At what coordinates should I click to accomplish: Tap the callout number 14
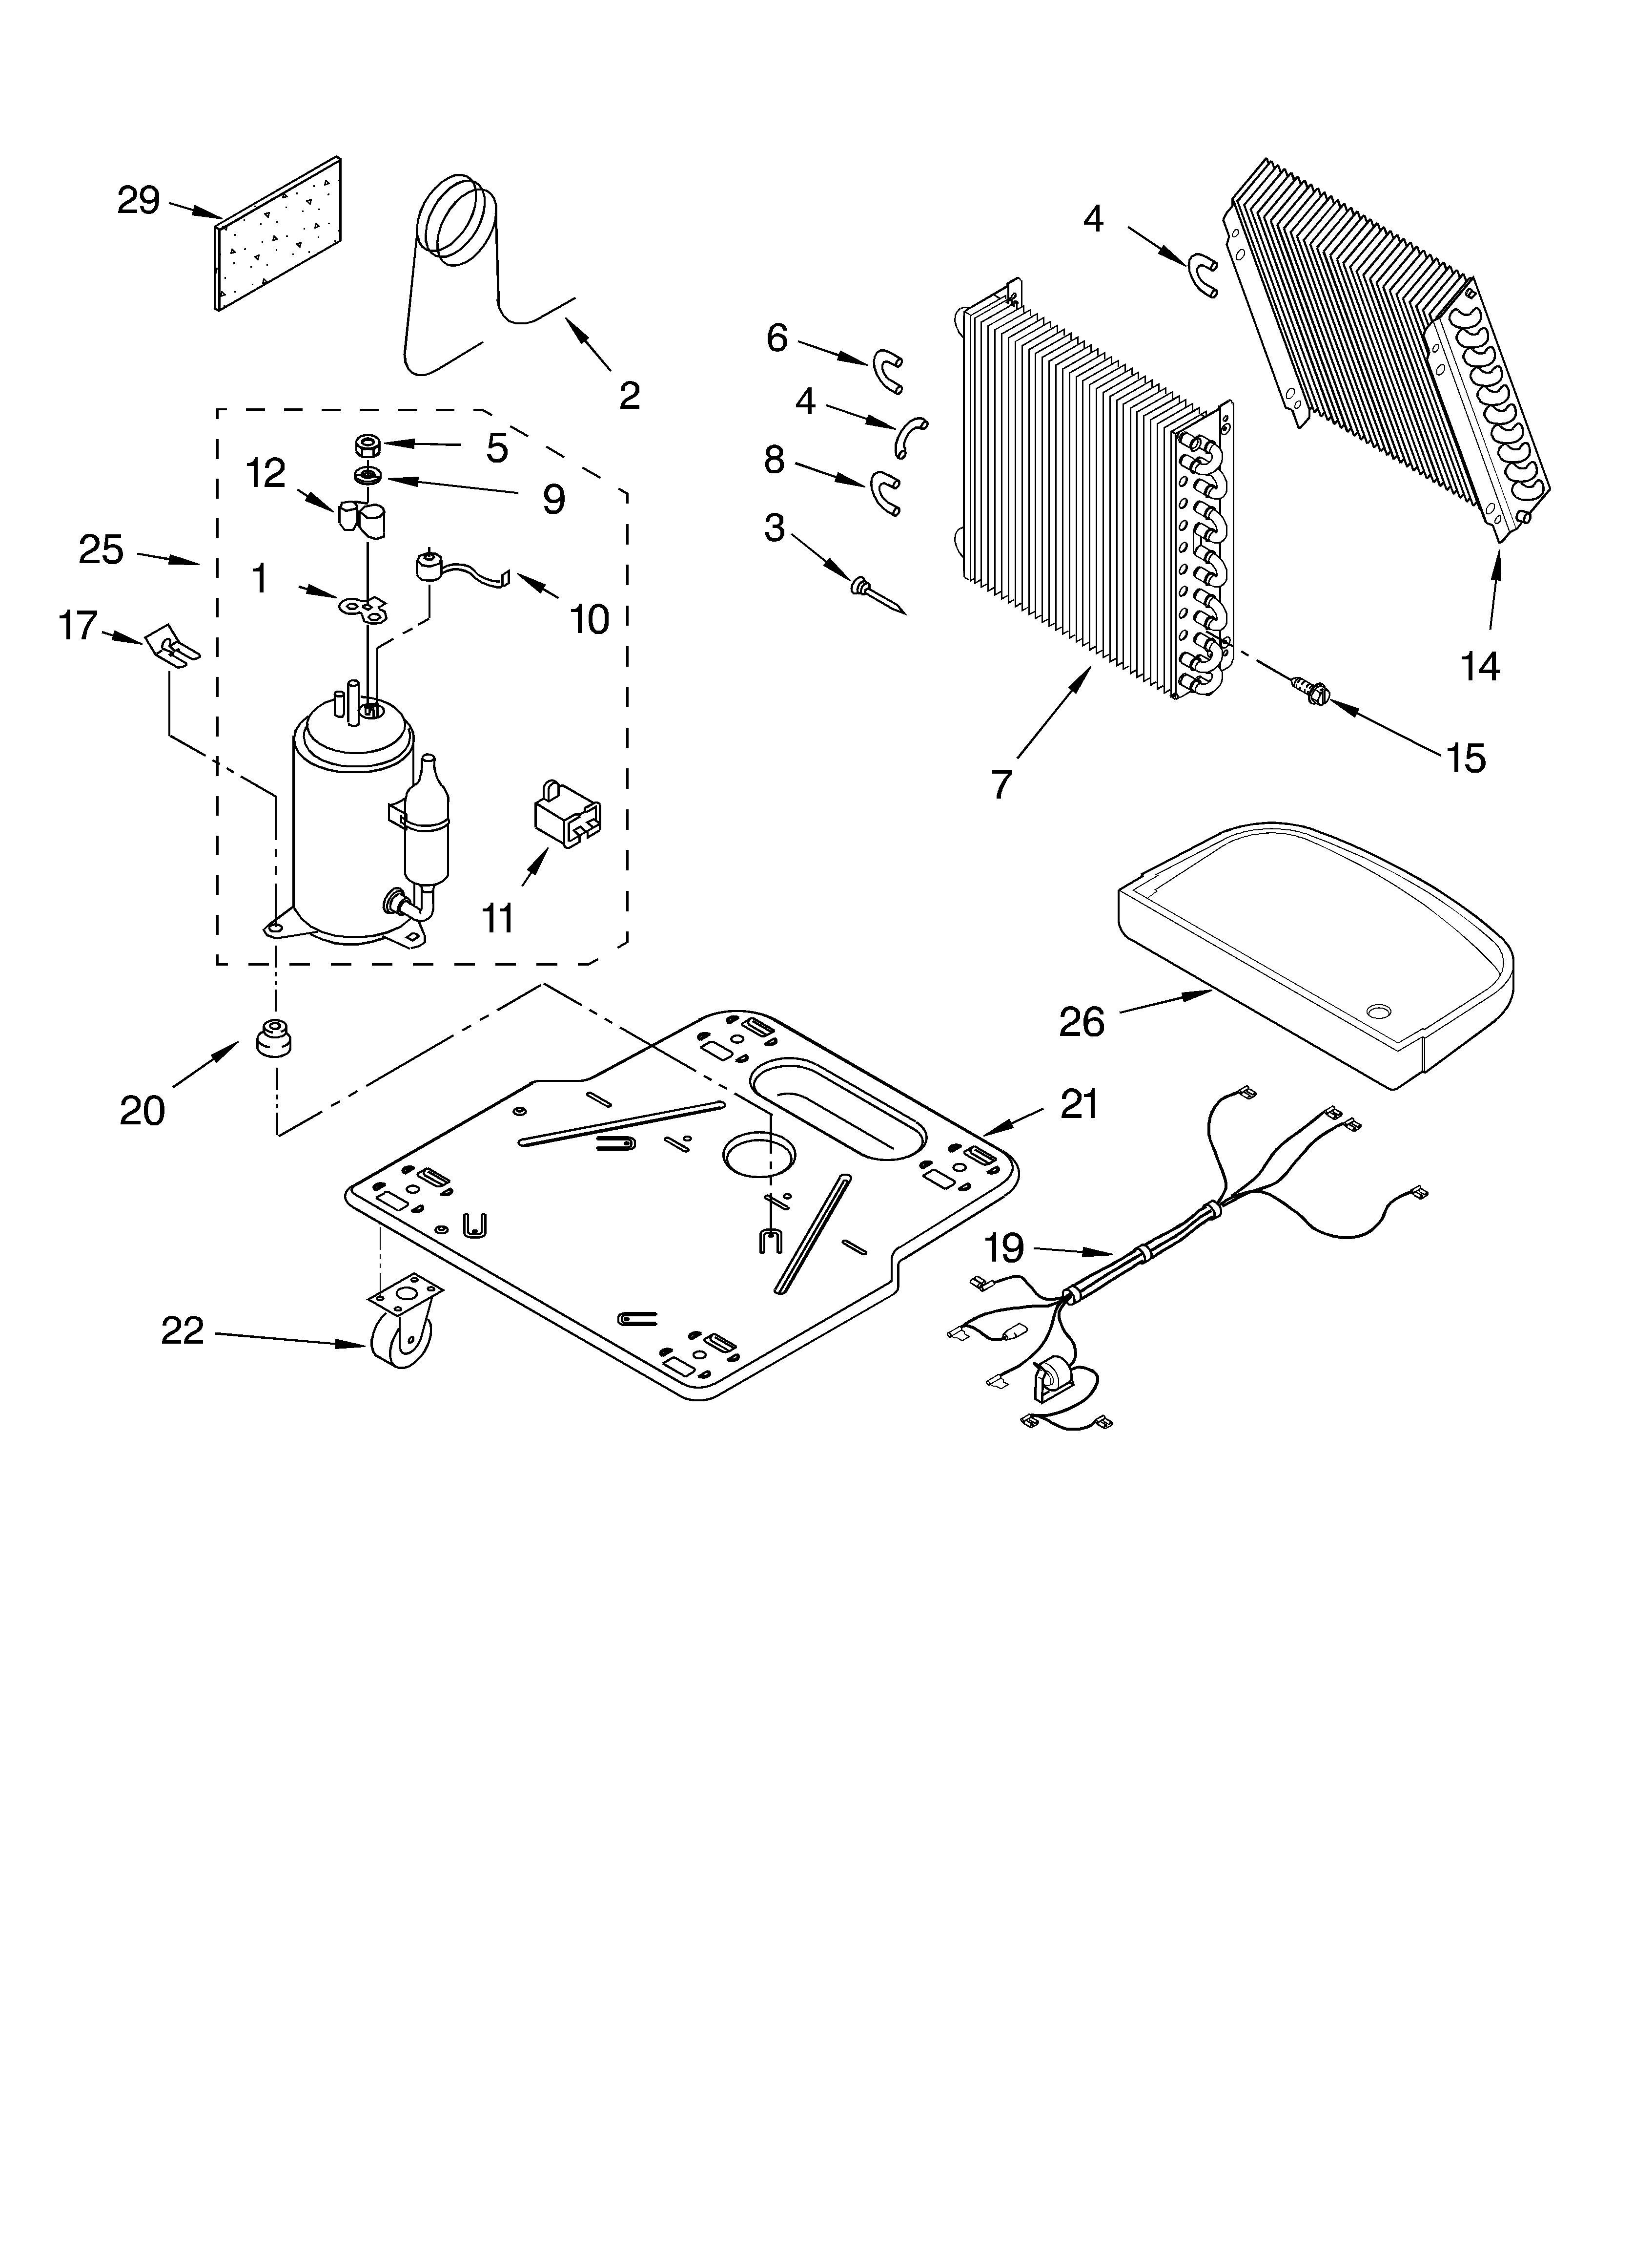coord(1480,665)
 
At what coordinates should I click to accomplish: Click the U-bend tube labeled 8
coord(884,492)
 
